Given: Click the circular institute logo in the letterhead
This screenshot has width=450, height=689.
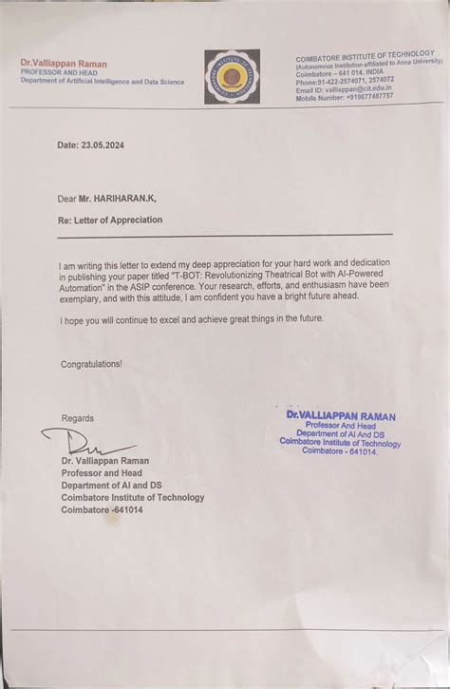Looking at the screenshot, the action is click(232, 76).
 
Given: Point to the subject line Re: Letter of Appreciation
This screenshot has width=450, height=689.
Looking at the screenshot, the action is click(110, 220).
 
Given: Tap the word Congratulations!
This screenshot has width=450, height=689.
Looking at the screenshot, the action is click(91, 364).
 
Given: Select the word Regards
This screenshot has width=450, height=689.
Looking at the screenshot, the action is click(78, 418).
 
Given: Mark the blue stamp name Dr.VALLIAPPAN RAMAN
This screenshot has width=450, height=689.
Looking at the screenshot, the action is click(341, 416).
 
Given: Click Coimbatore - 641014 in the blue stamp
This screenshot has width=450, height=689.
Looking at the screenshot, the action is click(340, 451).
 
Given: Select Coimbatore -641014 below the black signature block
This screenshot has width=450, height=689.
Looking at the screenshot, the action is click(103, 510).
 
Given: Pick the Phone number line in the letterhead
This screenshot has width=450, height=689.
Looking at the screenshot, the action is click(345, 82).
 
